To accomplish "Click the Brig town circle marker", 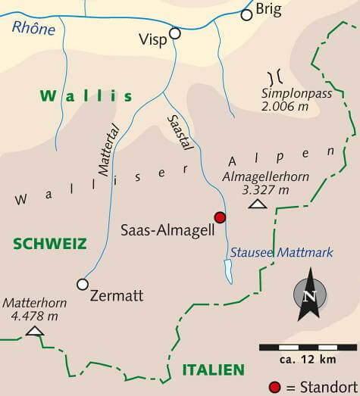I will click(246, 14).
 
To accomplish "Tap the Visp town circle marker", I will click(175, 33).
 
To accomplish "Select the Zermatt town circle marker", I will click(83, 284).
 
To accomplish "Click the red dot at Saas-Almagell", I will click(220, 217).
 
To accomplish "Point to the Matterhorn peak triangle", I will click(34, 331).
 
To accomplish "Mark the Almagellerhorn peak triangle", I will click(258, 204).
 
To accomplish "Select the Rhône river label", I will click(33, 29).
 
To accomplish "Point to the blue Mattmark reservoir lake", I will click(227, 270).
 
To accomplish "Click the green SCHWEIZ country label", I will click(49, 244).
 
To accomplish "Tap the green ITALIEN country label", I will click(213, 369).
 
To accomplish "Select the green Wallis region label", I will click(86, 96).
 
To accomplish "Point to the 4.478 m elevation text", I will click(32, 315).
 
